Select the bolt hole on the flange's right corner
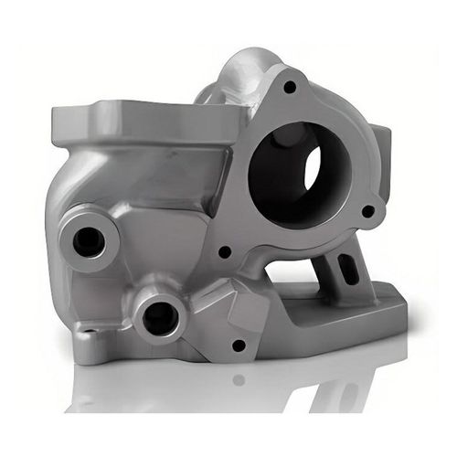tap(368, 211)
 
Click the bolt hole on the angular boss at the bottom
tap(239, 345)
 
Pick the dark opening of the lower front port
tap(161, 317)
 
